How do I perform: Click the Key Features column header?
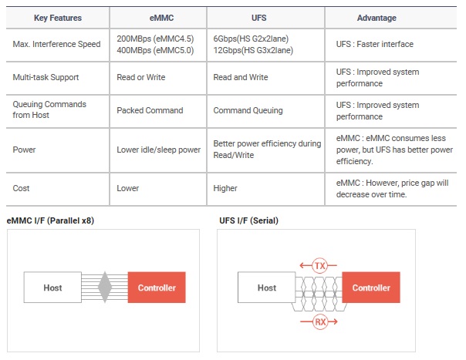58,18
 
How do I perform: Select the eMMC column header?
161,18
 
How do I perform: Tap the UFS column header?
259,18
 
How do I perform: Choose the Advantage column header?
377,18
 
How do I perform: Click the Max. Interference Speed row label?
56,44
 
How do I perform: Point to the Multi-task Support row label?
46,77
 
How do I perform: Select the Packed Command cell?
150,110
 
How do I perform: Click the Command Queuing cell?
248,110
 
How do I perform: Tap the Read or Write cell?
141,77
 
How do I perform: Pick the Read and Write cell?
241,77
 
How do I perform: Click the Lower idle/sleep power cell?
158,150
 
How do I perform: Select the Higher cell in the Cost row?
225,188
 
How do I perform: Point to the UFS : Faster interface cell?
375,44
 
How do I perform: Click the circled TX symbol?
319,265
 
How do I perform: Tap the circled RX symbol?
320,321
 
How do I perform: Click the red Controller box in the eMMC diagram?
157,288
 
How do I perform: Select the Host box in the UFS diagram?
267,288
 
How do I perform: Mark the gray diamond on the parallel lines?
105,288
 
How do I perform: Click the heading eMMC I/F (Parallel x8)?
50,220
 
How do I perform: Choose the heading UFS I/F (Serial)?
248,220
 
